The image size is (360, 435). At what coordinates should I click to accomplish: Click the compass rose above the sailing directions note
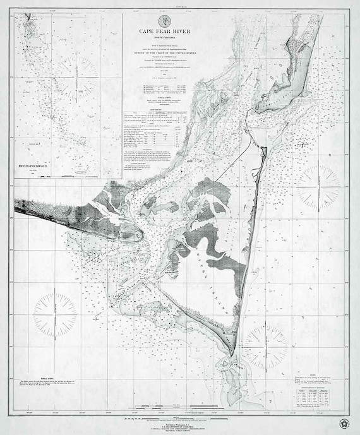[x=55, y=314]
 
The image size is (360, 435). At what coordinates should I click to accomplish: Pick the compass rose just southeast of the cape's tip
[x=266, y=346]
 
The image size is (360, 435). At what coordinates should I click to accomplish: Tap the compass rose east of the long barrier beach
[x=317, y=188]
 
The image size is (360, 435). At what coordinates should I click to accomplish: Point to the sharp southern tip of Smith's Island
[x=232, y=354]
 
